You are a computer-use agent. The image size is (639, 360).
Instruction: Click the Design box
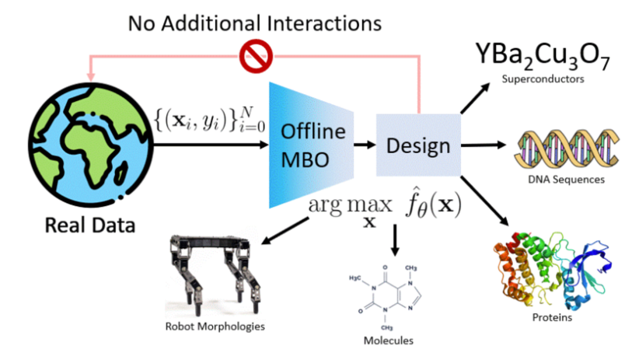point(419,145)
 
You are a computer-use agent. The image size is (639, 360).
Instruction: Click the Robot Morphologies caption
point(215,326)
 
